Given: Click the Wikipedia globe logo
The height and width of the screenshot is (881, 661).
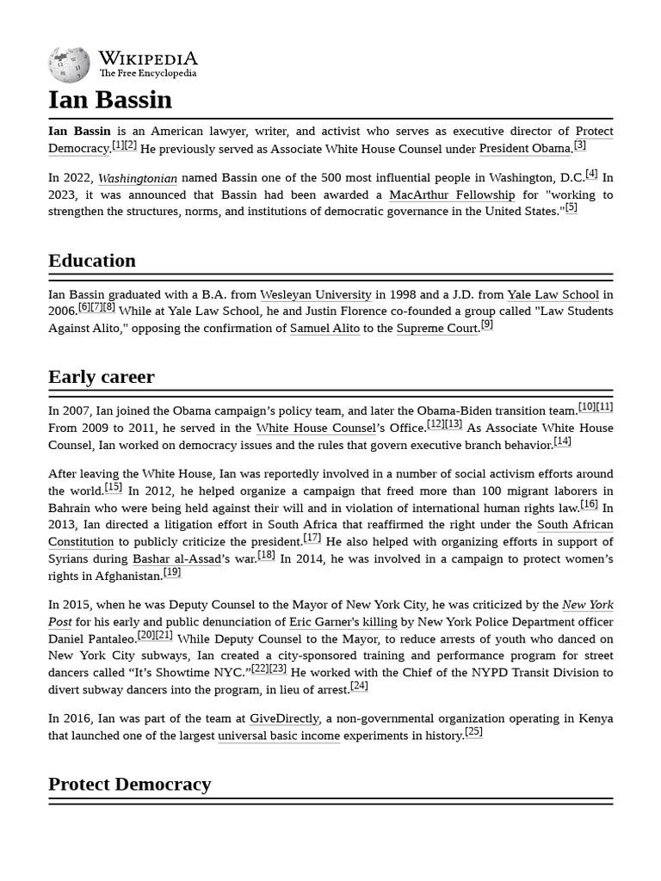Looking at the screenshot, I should pyautogui.click(x=68, y=65).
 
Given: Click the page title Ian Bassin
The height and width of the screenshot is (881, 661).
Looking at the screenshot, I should pyautogui.click(x=110, y=100).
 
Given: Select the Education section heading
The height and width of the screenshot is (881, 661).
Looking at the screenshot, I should pyautogui.click(x=92, y=261).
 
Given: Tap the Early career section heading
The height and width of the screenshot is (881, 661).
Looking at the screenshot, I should pyautogui.click(x=102, y=377).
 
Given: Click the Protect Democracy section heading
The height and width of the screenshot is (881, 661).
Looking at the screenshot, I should pyautogui.click(x=129, y=784).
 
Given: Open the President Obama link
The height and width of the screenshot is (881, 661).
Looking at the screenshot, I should pyautogui.click(x=525, y=149).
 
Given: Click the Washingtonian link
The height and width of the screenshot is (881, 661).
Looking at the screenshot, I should pyautogui.click(x=138, y=179).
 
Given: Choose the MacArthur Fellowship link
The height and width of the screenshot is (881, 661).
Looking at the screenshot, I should pyautogui.click(x=452, y=195).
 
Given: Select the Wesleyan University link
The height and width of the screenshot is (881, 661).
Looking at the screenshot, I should pyautogui.click(x=316, y=295).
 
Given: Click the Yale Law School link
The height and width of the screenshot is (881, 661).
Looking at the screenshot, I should pyautogui.click(x=553, y=295).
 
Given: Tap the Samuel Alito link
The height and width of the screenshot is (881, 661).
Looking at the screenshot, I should pyautogui.click(x=324, y=329).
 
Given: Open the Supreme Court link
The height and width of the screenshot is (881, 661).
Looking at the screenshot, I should pyautogui.click(x=436, y=329).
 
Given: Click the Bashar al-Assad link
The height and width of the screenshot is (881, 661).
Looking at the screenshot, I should pyautogui.click(x=176, y=559).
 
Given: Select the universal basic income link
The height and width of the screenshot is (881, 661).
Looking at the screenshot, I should pyautogui.click(x=279, y=736).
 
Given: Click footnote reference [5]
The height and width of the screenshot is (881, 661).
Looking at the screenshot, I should pyautogui.click(x=571, y=208).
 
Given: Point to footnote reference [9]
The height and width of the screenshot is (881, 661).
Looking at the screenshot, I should pyautogui.click(x=487, y=324).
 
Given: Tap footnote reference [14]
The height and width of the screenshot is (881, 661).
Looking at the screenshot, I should pyautogui.click(x=562, y=441).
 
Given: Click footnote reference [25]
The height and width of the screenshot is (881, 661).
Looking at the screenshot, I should pyautogui.click(x=473, y=732).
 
